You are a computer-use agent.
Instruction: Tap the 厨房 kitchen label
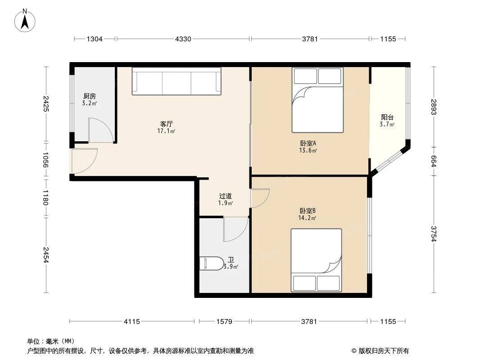[89, 96]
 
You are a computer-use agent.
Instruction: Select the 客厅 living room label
[167, 124]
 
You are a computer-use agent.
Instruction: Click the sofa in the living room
[177, 81]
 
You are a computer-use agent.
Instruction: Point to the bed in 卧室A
[317, 100]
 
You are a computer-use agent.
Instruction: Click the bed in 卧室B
[316, 260]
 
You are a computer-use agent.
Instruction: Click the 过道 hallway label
[226, 196]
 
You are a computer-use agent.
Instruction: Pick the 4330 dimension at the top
[183, 39]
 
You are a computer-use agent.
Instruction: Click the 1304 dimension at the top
[95, 39]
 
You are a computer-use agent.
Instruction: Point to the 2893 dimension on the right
[434, 107]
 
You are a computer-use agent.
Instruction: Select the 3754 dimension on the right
[434, 234]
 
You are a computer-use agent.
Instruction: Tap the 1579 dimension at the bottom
[224, 321]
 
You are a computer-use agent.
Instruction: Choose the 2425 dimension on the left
[46, 103]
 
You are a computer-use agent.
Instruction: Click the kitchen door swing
[100, 130]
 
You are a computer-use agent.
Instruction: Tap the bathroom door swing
[235, 229]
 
